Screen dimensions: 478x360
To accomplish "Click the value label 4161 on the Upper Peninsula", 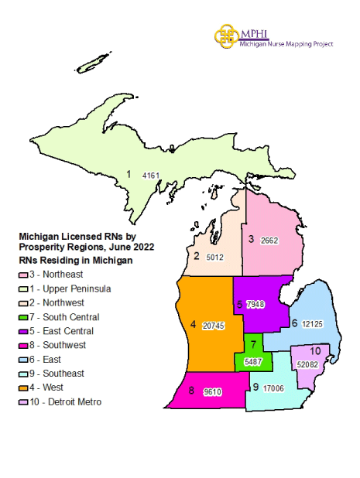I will click(151, 176).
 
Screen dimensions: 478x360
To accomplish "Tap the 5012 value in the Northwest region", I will click(216, 257).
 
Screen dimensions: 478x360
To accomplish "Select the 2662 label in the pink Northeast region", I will click(269, 241).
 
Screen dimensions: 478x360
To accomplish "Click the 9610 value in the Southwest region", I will click(213, 392).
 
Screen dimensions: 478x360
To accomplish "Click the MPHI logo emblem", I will click(226, 35).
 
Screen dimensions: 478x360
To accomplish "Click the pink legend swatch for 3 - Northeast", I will click(24, 275).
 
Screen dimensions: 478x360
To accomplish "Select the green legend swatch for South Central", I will click(24, 317).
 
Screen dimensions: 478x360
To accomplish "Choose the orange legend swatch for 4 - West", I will click(24, 388).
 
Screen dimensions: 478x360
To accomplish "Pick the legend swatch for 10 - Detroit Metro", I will click(24, 402).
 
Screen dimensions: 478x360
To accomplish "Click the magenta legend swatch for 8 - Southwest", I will click(24, 345).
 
